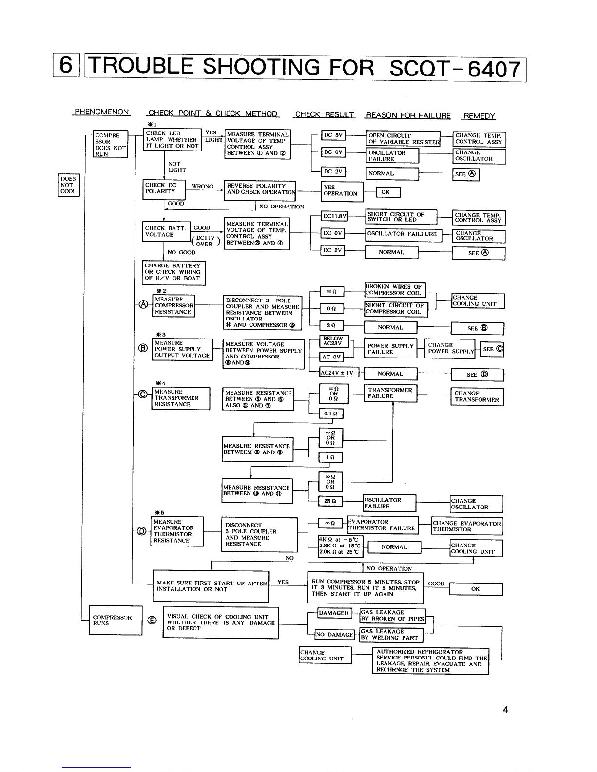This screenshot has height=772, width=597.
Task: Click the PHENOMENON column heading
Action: coord(101,112)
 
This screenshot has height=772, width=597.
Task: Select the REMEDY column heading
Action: coord(480,116)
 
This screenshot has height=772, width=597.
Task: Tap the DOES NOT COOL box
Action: coord(68,185)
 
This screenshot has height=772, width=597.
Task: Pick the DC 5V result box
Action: coord(334,135)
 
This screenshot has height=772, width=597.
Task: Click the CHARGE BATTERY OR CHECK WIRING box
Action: coord(173,272)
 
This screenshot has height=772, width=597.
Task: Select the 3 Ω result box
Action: coord(331,326)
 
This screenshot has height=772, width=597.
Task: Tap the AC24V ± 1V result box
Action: coord(339,373)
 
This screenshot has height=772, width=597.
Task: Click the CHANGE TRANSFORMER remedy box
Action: coord(477,396)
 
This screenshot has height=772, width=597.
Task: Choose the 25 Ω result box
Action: coord(330,501)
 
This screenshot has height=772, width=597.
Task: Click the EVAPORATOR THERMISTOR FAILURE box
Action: coord(383,525)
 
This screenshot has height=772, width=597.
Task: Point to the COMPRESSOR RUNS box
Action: coord(116,620)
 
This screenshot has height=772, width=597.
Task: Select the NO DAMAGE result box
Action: coord(334,635)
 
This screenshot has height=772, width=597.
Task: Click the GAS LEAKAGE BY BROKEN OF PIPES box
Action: coord(392,616)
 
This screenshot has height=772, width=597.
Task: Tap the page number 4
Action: coord(505,710)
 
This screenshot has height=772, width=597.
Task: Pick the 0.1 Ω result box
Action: coord(331,414)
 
